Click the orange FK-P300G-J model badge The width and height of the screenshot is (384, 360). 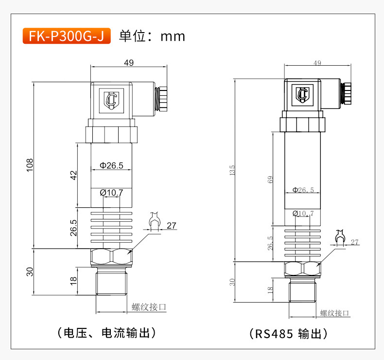[67, 36]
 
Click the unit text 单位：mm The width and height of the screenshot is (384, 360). [152, 36]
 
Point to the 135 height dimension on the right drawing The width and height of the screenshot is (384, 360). [232, 170]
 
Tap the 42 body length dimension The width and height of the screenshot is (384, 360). [73, 175]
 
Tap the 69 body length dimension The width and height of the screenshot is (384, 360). [270, 179]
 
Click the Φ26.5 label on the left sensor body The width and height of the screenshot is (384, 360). [111, 165]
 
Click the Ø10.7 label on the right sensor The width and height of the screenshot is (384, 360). [303, 213]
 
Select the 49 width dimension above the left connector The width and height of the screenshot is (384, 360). [129, 62]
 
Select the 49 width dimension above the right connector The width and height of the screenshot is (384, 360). [317, 63]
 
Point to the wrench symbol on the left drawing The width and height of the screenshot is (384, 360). [155, 221]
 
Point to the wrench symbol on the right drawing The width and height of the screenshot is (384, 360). [340, 237]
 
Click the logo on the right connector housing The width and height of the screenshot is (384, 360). [303, 94]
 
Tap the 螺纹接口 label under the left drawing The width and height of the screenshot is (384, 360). [149, 307]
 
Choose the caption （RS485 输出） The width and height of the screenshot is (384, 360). [288, 334]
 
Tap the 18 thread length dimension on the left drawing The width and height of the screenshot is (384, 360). [73, 281]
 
